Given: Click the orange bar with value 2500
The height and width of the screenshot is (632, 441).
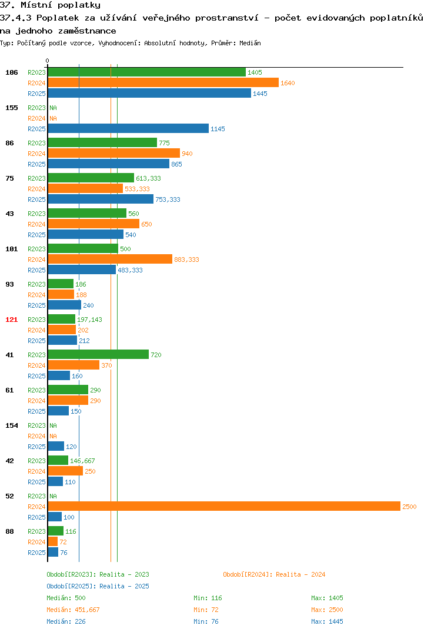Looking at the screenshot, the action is coord(225,506).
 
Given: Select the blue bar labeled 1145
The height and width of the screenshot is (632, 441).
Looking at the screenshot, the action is coord(128,128).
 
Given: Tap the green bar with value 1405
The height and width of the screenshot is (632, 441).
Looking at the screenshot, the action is coord(147,72).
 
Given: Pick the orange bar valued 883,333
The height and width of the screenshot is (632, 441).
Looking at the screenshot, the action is coord(111,259).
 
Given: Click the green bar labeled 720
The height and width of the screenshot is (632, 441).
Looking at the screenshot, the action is coord(99,355).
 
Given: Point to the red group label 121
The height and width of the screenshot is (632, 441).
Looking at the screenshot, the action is coord(12,320).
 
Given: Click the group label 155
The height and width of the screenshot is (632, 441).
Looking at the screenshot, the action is coord(12,108).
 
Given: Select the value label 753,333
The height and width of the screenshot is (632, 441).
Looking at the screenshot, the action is coord(168,199).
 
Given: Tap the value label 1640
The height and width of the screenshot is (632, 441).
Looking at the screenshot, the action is coord(288,83).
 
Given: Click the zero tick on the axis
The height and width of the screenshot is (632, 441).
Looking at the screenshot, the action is coord(48,61).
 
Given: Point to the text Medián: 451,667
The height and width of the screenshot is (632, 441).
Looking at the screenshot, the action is coord(73,610).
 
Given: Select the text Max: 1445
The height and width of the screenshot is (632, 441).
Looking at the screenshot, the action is coord(327,621).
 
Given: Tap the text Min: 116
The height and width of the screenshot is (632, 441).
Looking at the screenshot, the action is coord(208,598).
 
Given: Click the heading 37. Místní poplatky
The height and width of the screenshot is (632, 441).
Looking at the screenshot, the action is coord(51,5).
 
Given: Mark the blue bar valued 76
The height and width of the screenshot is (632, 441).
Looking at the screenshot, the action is coord(53,552).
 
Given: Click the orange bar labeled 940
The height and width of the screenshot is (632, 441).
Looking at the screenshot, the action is coord(114,153).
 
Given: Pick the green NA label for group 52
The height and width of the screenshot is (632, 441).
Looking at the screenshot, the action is coord(53,496).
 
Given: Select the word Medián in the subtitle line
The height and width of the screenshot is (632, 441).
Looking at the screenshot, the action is coord(250,43).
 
